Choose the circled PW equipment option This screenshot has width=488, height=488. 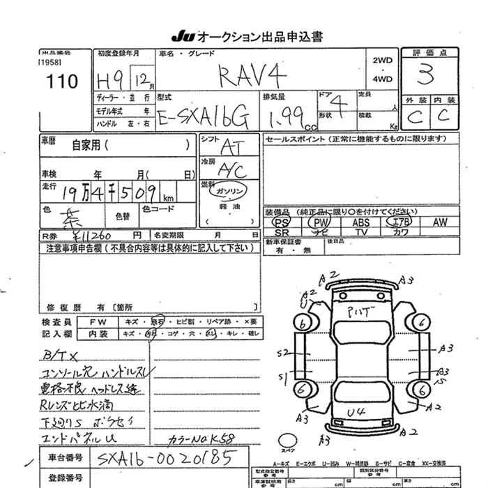pyautogui.click(x=322, y=222)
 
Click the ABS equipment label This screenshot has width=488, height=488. pyautogui.click(x=361, y=222)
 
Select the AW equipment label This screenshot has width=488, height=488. pyautogui.click(x=439, y=222)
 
